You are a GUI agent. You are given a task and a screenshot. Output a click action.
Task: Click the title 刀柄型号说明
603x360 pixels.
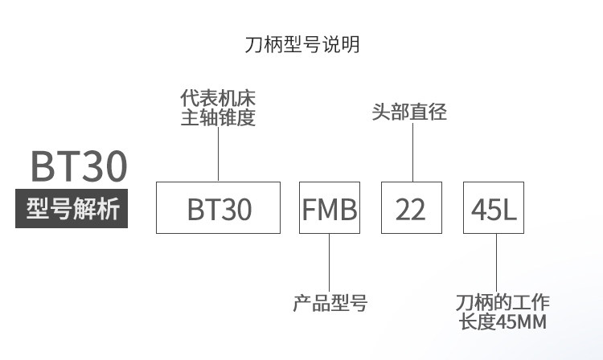(301, 44)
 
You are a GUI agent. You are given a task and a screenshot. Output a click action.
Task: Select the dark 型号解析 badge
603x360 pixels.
(72, 210)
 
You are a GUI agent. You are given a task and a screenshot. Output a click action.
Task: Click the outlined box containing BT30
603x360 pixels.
(219, 208)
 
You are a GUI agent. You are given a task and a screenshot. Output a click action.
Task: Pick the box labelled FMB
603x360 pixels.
(330, 208)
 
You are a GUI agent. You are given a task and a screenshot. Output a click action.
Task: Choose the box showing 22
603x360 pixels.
(412, 208)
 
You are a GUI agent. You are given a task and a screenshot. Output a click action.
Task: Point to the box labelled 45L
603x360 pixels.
(494, 208)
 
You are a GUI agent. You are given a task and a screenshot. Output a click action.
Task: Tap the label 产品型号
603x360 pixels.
(330, 304)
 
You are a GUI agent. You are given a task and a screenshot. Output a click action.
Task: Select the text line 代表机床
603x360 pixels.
(219, 100)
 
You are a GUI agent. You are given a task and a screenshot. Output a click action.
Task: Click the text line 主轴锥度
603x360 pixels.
(219, 118)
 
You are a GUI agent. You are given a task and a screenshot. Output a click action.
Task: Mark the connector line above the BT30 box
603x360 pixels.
(219, 154)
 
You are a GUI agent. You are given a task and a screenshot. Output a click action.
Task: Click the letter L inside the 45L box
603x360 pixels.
(510, 209)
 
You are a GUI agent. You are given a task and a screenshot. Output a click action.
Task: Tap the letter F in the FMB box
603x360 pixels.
(310, 209)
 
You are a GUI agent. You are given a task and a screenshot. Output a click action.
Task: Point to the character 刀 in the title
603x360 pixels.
(252, 44)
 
